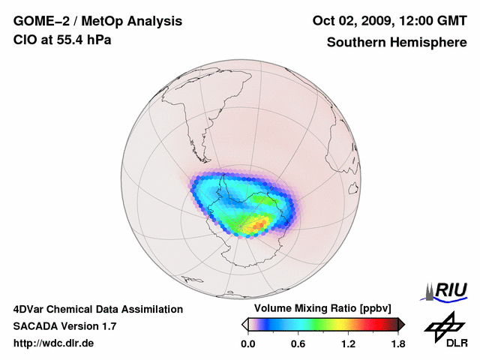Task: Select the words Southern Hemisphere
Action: (x=396, y=43)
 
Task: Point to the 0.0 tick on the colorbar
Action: (x=247, y=343)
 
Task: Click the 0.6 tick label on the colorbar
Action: (x=298, y=343)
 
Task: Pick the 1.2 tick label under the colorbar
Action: (x=348, y=343)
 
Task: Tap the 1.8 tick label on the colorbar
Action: (x=397, y=343)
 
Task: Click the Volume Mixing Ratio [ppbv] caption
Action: (x=322, y=308)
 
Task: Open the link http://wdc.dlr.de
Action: (x=54, y=343)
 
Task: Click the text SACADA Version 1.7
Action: (x=64, y=326)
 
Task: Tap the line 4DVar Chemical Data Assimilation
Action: (x=97, y=309)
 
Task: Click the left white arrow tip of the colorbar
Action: (x=244, y=324)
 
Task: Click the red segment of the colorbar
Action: (x=375, y=324)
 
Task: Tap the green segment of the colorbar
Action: (x=322, y=324)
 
